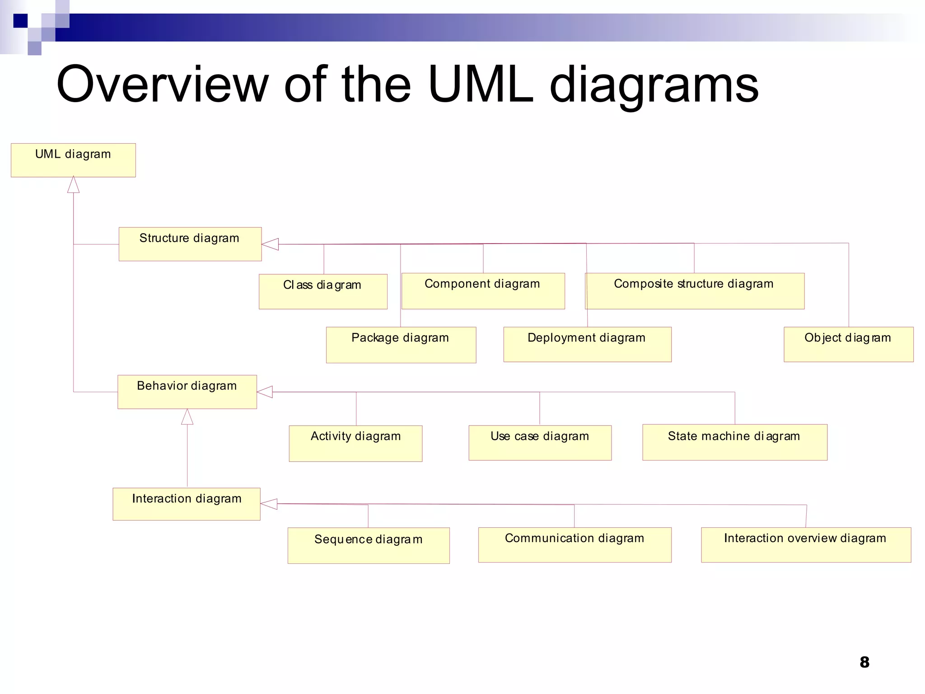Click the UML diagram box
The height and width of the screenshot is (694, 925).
(73, 160)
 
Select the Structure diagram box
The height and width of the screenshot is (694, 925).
(190, 244)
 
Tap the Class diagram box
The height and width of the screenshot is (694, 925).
(323, 291)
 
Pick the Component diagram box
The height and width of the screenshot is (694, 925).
(483, 291)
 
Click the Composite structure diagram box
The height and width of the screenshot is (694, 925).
(695, 291)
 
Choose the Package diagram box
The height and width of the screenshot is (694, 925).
(401, 345)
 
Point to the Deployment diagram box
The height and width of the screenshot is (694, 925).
(587, 344)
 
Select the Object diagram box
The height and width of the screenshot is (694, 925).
(848, 344)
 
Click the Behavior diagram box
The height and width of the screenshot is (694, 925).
(187, 392)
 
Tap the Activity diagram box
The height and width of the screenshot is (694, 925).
(355, 443)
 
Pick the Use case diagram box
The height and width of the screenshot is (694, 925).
(540, 443)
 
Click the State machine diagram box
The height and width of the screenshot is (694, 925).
(734, 442)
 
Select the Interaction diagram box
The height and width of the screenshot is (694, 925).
(186, 504)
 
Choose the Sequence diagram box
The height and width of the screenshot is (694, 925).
(369, 545)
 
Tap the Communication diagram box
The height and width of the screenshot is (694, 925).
(575, 544)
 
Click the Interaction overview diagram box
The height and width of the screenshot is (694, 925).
(806, 544)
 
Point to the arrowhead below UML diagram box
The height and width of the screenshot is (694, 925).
(73, 185)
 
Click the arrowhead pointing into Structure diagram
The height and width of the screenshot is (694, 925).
(271, 244)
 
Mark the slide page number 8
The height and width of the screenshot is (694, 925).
(864, 662)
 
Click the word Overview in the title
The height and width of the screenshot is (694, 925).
(163, 84)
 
